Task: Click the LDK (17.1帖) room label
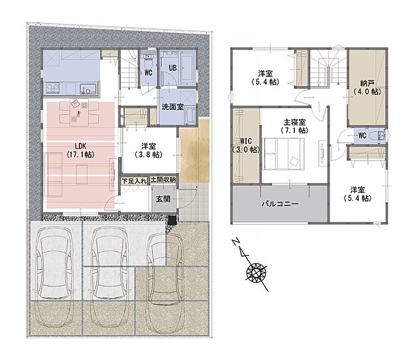80,150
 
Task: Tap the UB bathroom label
172,68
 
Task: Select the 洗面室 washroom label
172,107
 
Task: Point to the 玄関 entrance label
163,199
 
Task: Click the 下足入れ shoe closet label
134,181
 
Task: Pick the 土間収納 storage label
163,180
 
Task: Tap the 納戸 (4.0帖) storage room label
367,88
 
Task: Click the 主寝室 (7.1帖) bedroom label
294,126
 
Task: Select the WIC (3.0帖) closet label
246,145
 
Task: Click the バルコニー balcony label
280,204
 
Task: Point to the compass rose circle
257,272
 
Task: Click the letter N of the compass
237,241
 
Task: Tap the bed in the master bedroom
284,154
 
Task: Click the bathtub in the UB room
188,68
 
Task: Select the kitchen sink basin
89,89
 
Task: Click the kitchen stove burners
52,88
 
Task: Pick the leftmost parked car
54,276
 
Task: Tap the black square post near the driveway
172,219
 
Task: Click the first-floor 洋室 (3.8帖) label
148,150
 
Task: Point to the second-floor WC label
362,135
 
